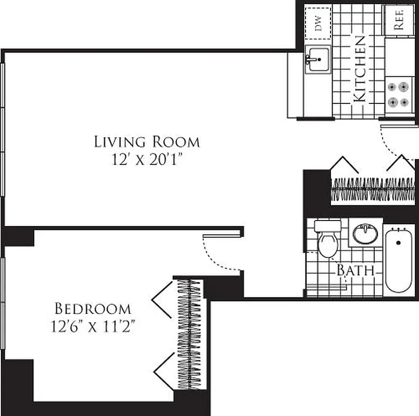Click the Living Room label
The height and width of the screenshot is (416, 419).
pos(147,141)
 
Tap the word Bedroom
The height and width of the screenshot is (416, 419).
pos(93,309)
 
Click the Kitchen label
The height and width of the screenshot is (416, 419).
pos(360,68)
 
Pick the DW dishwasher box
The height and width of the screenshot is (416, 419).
pos(318,24)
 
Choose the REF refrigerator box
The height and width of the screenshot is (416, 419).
pos(399,21)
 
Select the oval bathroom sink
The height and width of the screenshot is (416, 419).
pos(365,234)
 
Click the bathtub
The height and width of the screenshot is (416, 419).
pos(399,260)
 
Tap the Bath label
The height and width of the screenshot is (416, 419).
pos(355,270)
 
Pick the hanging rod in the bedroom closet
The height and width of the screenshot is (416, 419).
pos(189,333)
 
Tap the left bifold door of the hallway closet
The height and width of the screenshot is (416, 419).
pos(344,165)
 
